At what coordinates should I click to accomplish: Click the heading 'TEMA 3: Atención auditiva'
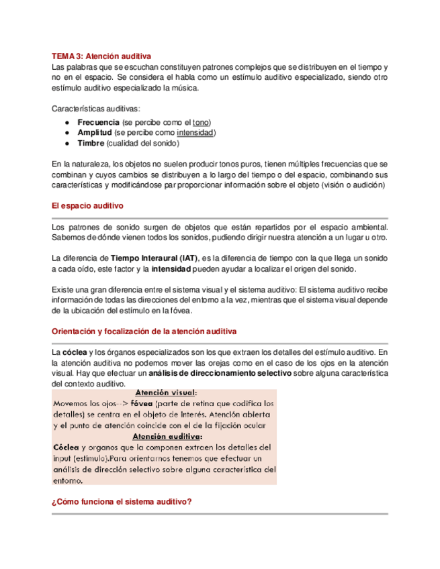pyautogui.click(x=101, y=56)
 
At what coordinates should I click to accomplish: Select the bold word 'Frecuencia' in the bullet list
pyautogui.click(x=99, y=122)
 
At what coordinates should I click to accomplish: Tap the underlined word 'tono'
pyautogui.click(x=200, y=122)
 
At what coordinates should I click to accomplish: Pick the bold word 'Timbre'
pyautogui.click(x=91, y=144)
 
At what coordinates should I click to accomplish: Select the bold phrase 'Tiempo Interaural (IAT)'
pyautogui.click(x=146, y=258)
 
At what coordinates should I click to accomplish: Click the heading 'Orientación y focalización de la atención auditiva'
pyautogui.click(x=144, y=331)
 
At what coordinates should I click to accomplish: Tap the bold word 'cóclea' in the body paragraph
pyautogui.click(x=74, y=352)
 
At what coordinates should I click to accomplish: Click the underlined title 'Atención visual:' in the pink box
pyautogui.click(x=166, y=393)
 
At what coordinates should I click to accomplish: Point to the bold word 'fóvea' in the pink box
pyautogui.click(x=142, y=403)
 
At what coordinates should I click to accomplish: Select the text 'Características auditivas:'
pyautogui.click(x=96, y=107)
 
